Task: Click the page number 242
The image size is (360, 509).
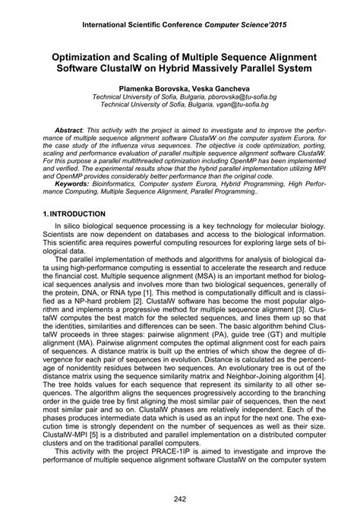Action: click(x=180, y=498)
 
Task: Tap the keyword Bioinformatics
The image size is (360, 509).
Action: click(x=126, y=183)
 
